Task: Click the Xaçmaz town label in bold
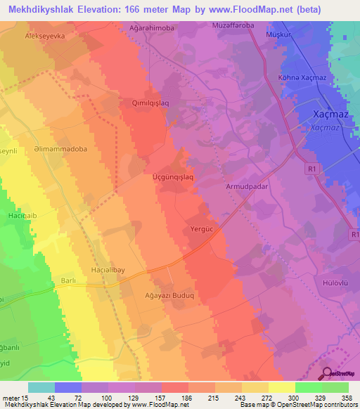click(x=330, y=114)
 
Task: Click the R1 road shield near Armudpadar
click(x=312, y=169)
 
